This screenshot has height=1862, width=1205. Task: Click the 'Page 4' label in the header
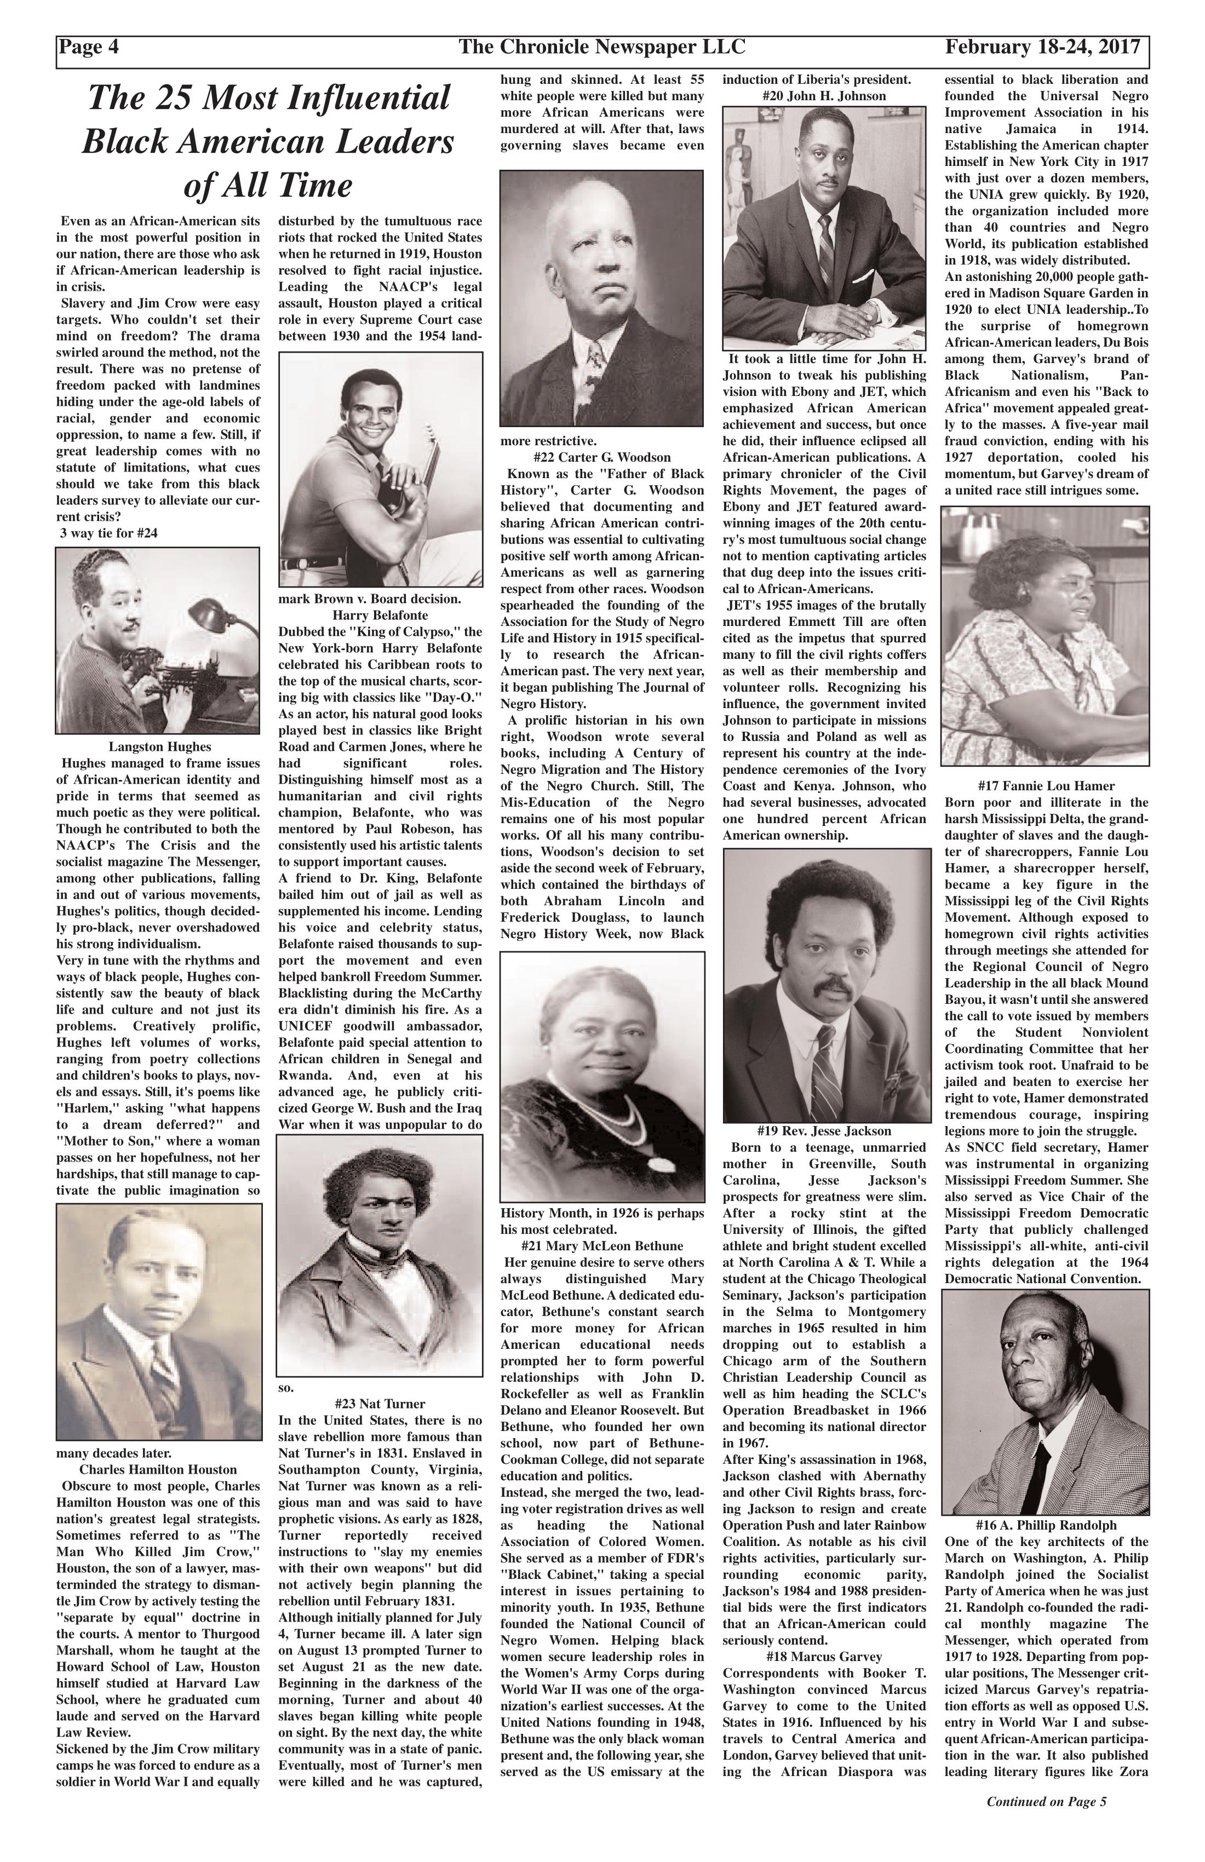[91, 48]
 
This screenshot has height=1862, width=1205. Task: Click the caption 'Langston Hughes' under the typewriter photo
[159, 746]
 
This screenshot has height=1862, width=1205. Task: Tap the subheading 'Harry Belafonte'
[380, 615]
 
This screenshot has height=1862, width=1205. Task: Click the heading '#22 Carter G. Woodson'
[601, 457]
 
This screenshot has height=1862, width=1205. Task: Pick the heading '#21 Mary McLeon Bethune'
[601, 1245]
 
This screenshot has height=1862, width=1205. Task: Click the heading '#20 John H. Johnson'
[823, 96]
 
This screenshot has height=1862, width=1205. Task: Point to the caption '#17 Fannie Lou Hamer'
[1046, 785]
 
